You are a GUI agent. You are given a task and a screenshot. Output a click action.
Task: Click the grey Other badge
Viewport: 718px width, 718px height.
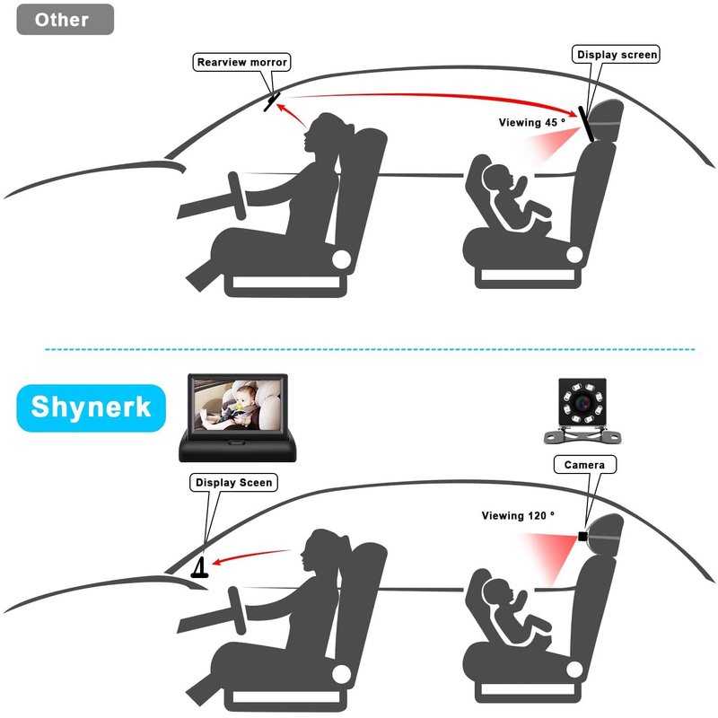[65, 19]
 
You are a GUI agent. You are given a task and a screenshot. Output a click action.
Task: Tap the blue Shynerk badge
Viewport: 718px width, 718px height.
[91, 407]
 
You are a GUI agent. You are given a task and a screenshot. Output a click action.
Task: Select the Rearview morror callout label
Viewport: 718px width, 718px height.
[241, 62]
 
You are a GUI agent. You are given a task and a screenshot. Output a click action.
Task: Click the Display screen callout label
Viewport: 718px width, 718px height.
[616, 54]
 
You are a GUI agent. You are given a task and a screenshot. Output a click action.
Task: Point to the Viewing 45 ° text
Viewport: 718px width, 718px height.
[532, 122]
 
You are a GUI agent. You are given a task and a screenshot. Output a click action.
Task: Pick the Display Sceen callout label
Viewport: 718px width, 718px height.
[233, 482]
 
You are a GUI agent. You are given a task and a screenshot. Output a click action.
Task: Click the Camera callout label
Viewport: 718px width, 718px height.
[585, 464]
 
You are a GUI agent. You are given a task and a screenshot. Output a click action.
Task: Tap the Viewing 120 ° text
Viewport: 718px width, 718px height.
[518, 515]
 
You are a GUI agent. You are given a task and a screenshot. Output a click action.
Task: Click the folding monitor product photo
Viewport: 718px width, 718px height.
[238, 417]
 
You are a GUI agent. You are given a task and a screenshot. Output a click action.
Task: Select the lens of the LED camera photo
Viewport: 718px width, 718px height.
[582, 401]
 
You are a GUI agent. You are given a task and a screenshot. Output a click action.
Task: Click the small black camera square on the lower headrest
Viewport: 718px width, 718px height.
[582, 536]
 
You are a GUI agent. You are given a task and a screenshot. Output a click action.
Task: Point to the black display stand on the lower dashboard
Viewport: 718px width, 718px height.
[200, 568]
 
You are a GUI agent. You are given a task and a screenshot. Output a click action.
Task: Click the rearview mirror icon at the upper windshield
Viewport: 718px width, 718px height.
[272, 101]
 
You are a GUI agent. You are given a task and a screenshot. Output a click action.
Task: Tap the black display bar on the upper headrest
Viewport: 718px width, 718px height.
[586, 124]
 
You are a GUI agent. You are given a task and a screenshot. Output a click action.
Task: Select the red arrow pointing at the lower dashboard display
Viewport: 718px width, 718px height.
[251, 556]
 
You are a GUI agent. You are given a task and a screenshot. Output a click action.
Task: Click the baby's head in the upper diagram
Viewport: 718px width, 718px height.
[497, 179]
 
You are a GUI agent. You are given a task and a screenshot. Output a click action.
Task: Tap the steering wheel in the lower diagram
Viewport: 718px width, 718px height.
[238, 610]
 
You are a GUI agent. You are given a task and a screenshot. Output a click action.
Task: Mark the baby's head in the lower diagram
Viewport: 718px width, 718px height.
[497, 592]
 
